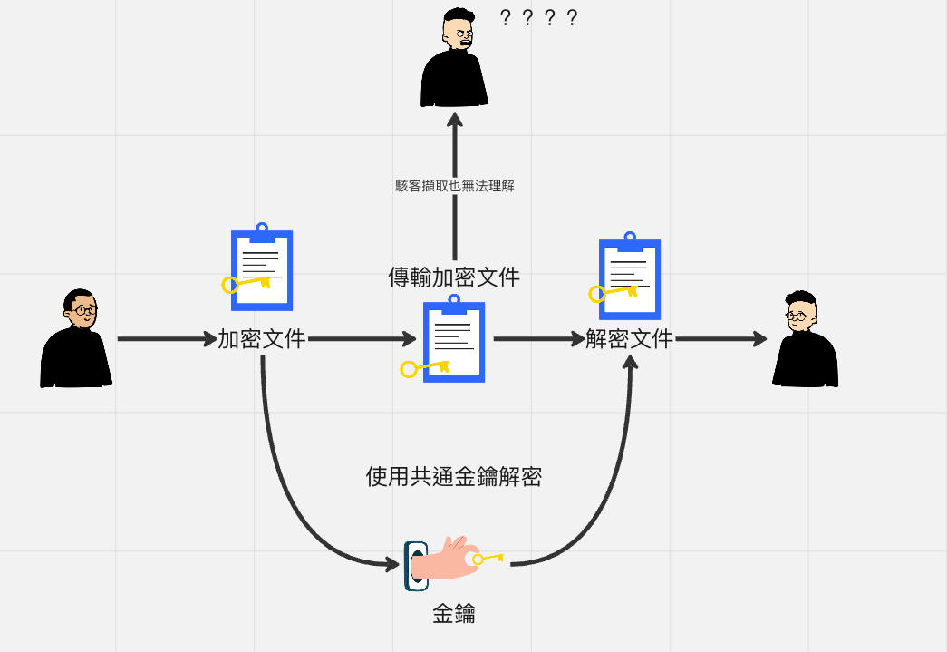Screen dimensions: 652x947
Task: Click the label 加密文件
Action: click(262, 339)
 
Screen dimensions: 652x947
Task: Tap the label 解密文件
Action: click(629, 339)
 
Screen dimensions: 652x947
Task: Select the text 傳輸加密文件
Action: click(454, 277)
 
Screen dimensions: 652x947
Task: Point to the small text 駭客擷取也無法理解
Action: click(455, 186)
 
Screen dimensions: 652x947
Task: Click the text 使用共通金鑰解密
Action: click(454, 477)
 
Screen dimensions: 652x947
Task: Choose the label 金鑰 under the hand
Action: click(454, 615)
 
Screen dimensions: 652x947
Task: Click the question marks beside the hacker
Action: click(538, 18)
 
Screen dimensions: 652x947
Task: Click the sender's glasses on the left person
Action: click(83, 310)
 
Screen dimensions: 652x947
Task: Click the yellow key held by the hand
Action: click(488, 559)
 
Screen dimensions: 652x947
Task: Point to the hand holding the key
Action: click(444, 559)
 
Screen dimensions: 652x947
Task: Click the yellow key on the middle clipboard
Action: click(425, 368)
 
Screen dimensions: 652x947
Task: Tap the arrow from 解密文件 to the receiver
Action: click(720, 339)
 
